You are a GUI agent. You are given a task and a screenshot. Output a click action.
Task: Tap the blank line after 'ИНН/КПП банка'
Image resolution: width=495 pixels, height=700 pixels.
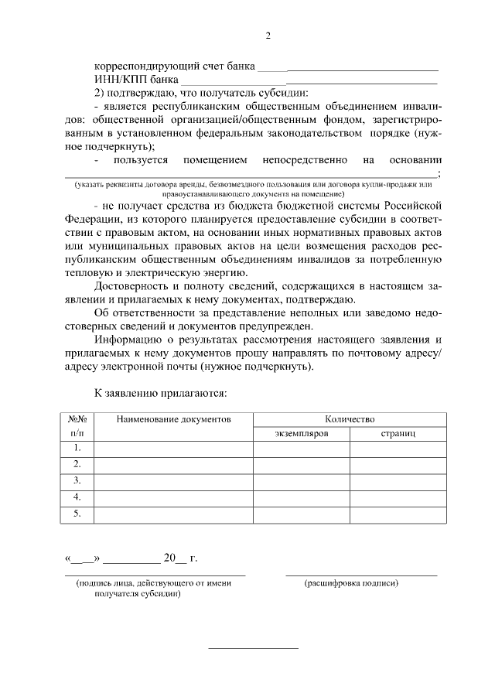click(309, 79)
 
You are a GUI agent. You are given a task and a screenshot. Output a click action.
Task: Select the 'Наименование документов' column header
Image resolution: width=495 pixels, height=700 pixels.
click(173, 418)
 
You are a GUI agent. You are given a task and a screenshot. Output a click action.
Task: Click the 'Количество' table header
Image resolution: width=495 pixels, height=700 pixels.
click(350, 418)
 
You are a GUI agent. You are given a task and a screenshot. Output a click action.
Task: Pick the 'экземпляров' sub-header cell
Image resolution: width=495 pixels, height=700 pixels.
click(302, 434)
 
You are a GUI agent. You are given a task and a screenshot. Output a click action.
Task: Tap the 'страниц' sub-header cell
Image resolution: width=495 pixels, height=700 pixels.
click(398, 434)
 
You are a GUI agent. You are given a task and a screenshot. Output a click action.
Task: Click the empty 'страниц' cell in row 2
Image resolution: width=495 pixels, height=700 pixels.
click(398, 465)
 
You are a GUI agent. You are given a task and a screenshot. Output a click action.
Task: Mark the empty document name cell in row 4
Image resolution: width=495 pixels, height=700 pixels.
click(173, 497)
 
